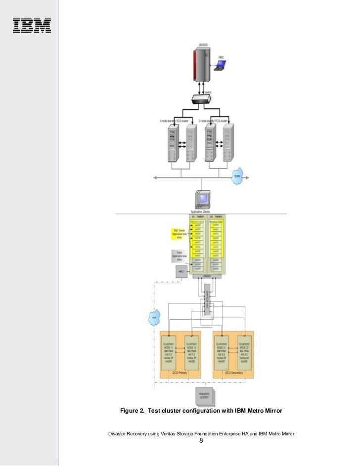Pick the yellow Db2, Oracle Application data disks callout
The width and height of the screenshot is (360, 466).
[x=179, y=233]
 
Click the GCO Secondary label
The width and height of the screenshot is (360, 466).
[x=233, y=373]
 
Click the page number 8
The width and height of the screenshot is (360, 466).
[x=201, y=441]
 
